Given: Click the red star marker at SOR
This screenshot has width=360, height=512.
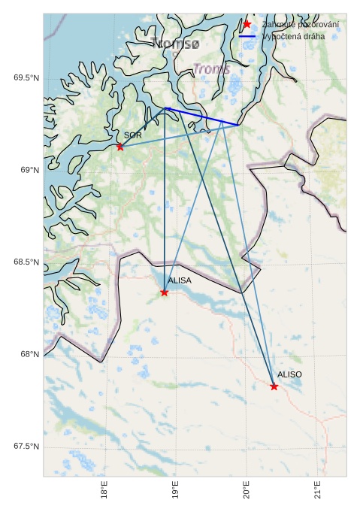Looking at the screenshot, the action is click(x=120, y=147).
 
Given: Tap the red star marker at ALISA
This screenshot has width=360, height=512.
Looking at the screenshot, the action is click(x=165, y=292).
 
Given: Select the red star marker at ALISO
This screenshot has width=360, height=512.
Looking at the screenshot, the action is click(x=274, y=386).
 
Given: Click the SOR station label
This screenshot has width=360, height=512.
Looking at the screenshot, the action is click(x=133, y=135).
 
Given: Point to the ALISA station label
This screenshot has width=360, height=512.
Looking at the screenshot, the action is click(x=180, y=280).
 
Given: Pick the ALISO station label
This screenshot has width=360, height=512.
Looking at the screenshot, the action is click(x=289, y=374).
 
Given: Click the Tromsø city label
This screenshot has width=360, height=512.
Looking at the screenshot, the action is click(x=175, y=44).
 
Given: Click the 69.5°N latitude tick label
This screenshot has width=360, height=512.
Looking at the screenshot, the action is click(x=26, y=78).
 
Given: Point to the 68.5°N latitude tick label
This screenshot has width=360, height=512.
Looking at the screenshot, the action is click(x=26, y=262).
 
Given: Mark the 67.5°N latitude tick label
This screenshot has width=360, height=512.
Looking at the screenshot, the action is click(x=26, y=447).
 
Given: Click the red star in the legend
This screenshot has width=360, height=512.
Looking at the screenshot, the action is click(x=247, y=24).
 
